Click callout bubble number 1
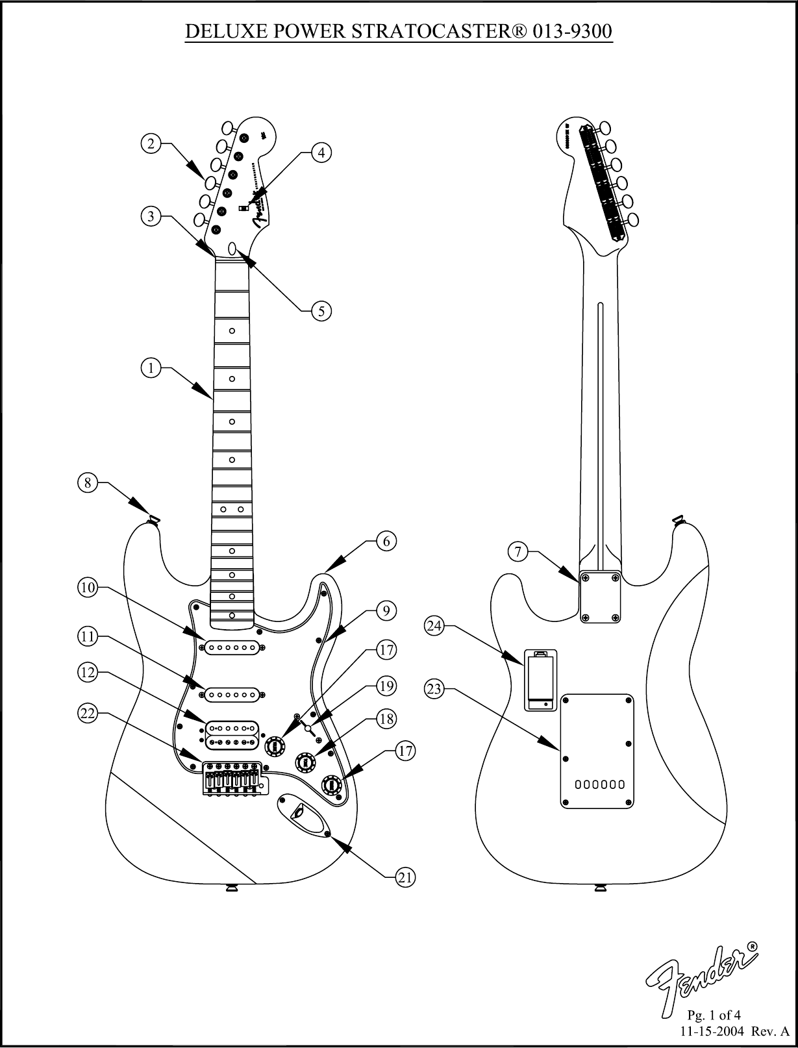151,368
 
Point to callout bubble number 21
405,878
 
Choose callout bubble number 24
434,627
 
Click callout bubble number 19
386,686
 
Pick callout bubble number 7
517,553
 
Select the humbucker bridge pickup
234,734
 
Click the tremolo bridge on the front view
233,776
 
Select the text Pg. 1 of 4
714,1015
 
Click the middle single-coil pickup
234,695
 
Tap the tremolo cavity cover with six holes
597,751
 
